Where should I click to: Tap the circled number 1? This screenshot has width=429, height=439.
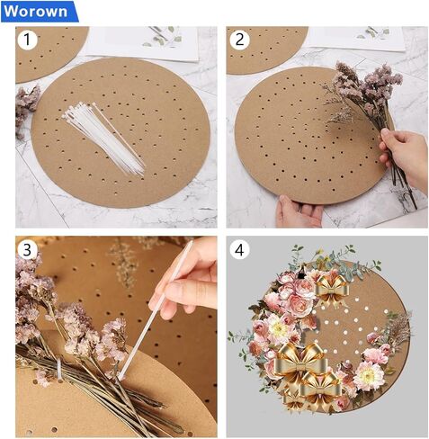pyautogui.click(x=29, y=40)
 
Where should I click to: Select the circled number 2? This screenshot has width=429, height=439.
pyautogui.click(x=239, y=40)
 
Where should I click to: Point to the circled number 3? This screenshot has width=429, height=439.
pyautogui.click(x=29, y=249)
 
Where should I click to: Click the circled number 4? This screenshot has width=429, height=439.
pyautogui.click(x=240, y=250)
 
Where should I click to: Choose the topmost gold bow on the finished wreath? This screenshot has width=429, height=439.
pyautogui.click(x=330, y=289)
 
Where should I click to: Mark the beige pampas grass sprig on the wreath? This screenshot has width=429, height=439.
pyautogui.click(x=398, y=328)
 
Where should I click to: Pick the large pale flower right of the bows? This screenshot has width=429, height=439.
pyautogui.click(x=368, y=375)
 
